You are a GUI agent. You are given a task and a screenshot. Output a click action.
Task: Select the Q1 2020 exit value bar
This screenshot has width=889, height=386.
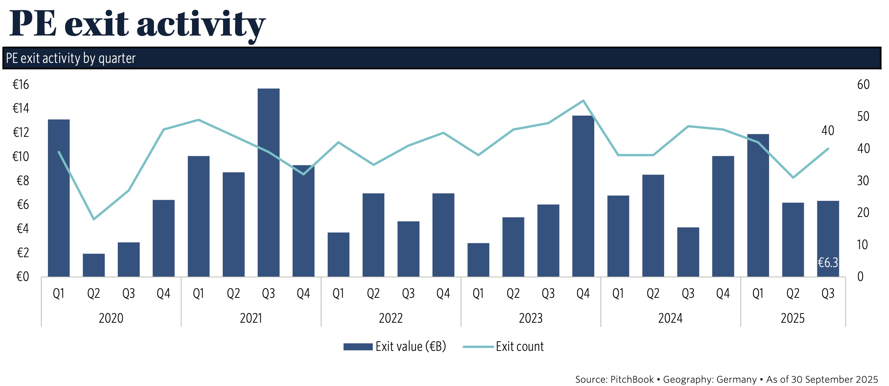[x=59, y=198]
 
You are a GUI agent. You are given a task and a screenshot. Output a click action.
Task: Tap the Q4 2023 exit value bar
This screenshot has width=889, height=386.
[x=583, y=196]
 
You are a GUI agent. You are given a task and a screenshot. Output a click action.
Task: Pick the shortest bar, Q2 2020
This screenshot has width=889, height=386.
[x=94, y=265]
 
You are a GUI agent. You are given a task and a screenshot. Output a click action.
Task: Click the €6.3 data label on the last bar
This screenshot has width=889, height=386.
[x=828, y=262]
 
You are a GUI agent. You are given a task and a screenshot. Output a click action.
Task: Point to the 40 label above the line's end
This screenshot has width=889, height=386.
[x=828, y=131]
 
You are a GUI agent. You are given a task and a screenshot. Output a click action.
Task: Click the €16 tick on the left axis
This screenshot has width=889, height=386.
[x=21, y=85]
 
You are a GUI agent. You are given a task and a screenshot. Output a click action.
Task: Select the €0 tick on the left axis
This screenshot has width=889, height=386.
[x=22, y=277]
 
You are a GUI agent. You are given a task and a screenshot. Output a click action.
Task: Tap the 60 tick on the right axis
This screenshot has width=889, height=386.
[x=863, y=85]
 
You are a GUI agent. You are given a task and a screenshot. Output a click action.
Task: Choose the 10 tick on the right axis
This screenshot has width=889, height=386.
[x=862, y=245]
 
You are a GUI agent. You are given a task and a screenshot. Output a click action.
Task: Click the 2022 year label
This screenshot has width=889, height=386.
[x=391, y=318]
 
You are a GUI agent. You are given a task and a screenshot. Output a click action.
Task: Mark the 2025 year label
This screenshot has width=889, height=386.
[x=792, y=318]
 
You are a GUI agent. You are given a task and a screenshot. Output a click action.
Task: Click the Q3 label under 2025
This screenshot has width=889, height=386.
[x=828, y=293]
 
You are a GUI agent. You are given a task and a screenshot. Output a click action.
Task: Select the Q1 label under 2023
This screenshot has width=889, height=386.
[x=478, y=293]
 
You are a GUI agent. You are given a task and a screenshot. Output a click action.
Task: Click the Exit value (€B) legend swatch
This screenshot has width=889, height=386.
[x=358, y=346]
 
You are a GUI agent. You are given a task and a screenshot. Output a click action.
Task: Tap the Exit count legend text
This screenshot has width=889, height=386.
[x=520, y=346]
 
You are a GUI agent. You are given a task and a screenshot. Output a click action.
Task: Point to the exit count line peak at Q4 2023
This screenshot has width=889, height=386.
[x=583, y=101]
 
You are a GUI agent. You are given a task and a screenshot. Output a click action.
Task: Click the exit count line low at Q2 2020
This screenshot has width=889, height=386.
[x=94, y=219]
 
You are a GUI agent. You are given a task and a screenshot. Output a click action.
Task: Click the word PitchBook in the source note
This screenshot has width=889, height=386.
[x=632, y=379]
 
